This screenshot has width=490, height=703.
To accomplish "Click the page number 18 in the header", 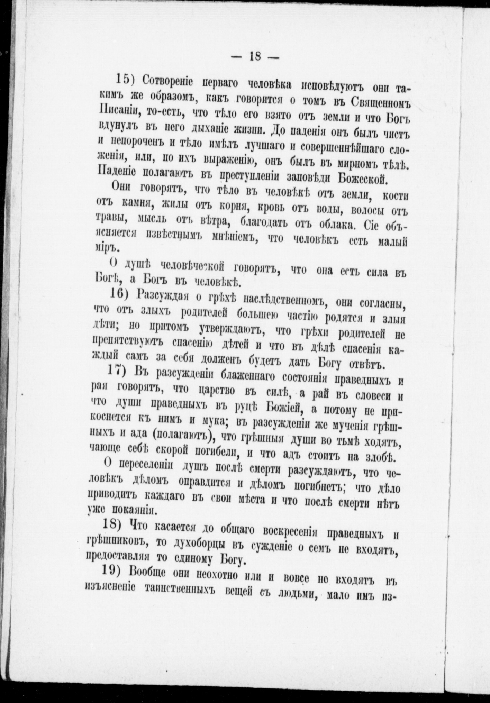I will point(255,56).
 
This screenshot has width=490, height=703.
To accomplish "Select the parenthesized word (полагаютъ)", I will point(182,437).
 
